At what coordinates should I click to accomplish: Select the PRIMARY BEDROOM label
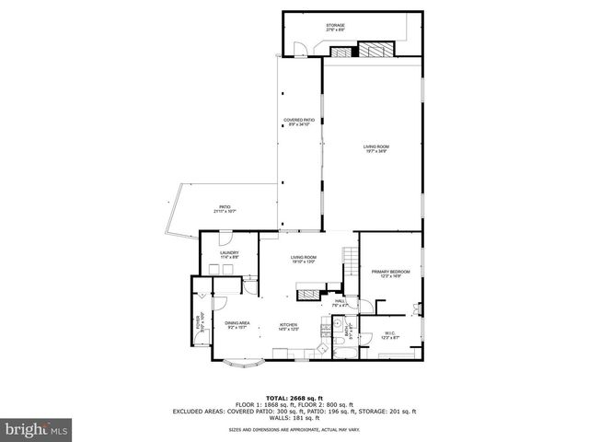[x=390, y=273]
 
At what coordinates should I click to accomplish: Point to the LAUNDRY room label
[x=229, y=254]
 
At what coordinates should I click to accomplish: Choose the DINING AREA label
[x=237, y=324]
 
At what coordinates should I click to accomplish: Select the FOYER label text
[x=198, y=322]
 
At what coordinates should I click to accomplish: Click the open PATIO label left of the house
[x=225, y=208]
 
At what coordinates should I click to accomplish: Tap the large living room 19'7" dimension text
[x=375, y=151]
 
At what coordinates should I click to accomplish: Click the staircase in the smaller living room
[x=349, y=258]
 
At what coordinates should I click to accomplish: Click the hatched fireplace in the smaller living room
[x=306, y=294]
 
